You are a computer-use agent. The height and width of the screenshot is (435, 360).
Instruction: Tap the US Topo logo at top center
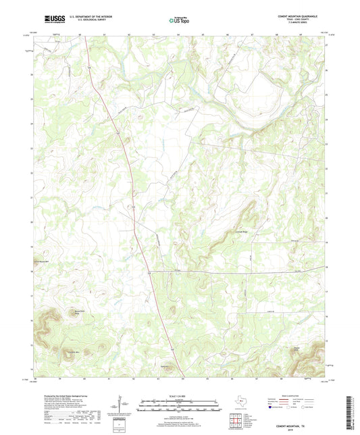click(x=178, y=20)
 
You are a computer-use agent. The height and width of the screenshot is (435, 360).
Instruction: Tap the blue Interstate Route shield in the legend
click(x=272, y=407)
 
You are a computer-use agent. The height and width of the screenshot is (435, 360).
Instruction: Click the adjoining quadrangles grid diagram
click(x=236, y=419)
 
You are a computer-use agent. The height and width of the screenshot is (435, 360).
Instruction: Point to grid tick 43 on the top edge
click(x=154, y=33)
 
